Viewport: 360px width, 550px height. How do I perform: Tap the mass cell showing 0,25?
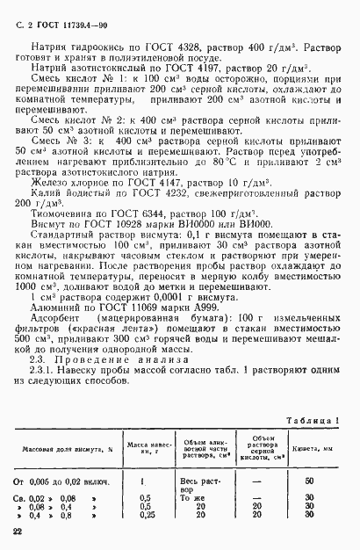tap(145, 517)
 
